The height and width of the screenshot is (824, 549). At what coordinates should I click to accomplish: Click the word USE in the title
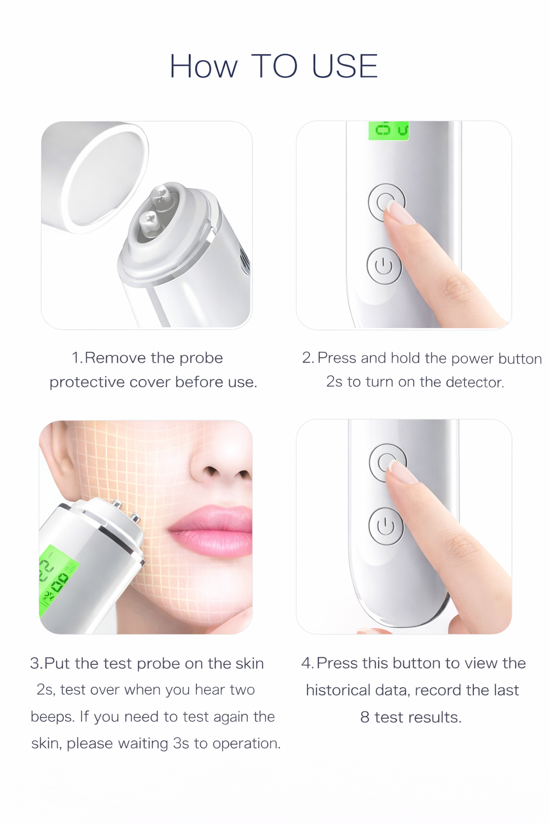coord(344,67)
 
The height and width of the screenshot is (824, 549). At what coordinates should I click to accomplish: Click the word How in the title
coord(203,67)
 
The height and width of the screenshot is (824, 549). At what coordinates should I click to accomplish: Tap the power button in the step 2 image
coord(384,266)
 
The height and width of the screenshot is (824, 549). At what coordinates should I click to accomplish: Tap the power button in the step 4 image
coord(385,526)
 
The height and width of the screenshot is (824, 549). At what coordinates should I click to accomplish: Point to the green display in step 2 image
coord(389,130)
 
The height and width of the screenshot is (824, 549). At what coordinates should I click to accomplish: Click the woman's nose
coord(222,461)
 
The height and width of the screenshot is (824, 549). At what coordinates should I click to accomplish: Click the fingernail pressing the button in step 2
coord(400,212)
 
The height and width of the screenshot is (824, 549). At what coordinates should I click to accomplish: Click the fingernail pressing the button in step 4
coord(402,472)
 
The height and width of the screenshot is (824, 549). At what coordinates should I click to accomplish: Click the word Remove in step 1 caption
coord(115,358)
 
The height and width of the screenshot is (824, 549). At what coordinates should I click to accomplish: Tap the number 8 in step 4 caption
coord(365,717)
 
